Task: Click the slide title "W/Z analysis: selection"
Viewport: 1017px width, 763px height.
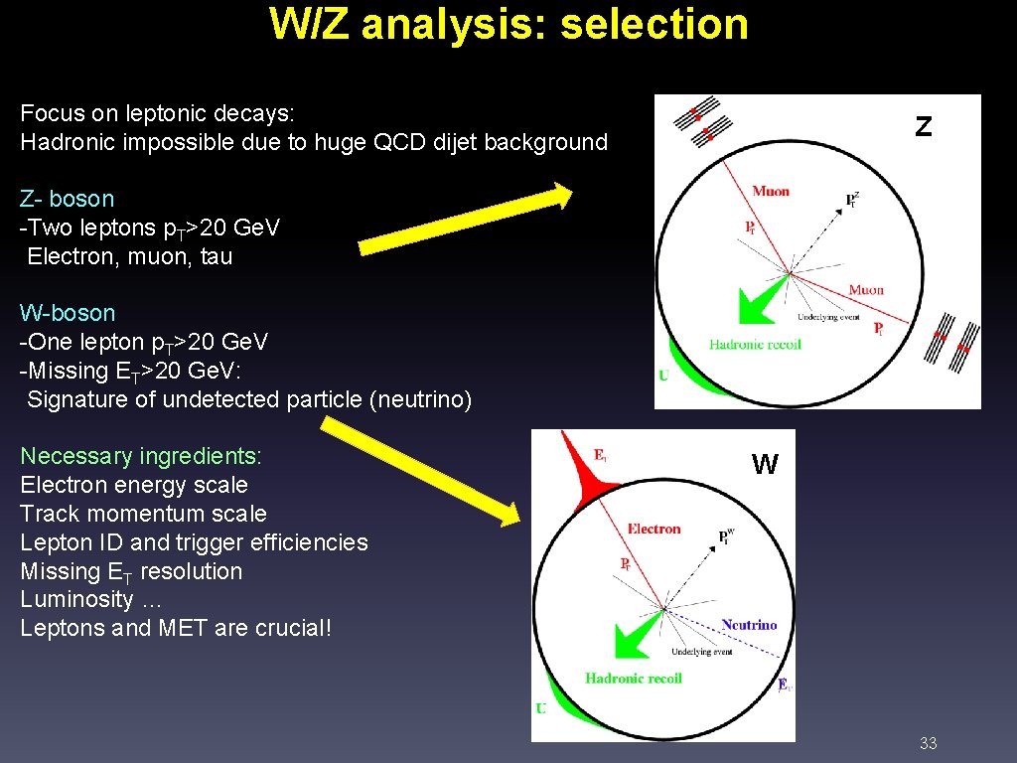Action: tap(508, 24)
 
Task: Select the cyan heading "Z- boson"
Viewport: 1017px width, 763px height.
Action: tap(68, 199)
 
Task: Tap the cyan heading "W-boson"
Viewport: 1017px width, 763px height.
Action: tap(68, 313)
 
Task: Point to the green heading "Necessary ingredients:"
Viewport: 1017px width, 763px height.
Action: tap(141, 456)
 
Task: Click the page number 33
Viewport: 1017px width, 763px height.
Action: tap(929, 743)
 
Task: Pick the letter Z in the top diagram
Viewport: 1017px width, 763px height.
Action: tap(924, 127)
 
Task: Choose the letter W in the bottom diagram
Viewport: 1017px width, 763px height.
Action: tap(765, 465)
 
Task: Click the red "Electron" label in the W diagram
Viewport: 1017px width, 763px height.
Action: tap(654, 529)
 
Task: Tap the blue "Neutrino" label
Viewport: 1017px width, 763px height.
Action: tap(749, 625)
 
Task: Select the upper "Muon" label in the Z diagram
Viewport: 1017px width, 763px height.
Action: tap(771, 191)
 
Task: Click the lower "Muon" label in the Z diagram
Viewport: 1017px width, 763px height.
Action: tap(866, 290)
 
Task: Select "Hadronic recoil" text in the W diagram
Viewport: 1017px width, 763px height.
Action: tap(634, 679)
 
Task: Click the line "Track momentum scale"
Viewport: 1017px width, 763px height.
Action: tap(144, 514)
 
